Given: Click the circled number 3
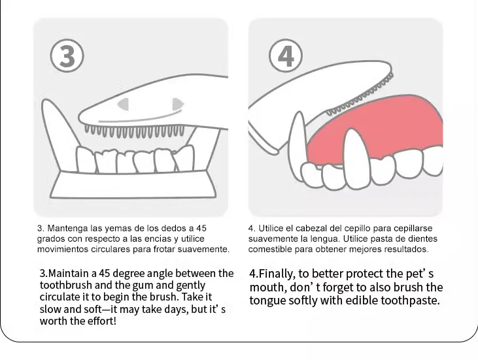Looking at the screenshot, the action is pyautogui.click(x=67, y=56).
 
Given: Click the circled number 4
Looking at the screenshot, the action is pyautogui.click(x=286, y=56).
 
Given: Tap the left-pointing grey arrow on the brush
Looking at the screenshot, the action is pyautogui.click(x=124, y=104).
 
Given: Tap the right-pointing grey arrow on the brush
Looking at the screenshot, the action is pyautogui.click(x=178, y=104).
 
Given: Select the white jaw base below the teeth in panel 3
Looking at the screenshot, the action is pyautogui.click(x=133, y=184).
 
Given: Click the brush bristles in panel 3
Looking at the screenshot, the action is pyautogui.click(x=135, y=131).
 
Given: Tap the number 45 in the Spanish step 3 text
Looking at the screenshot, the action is pyautogui.click(x=201, y=228).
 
